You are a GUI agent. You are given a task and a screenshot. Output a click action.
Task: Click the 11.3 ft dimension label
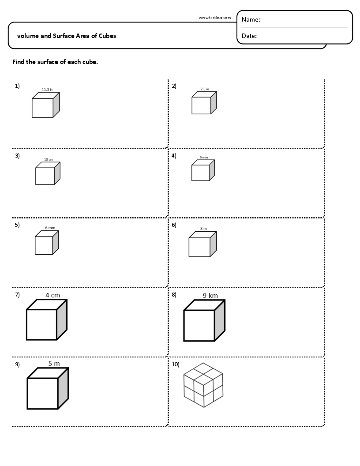pos(47,90)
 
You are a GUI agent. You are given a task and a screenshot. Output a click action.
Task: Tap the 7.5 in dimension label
pos(205,89)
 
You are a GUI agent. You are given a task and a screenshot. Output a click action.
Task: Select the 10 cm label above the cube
pos(49,159)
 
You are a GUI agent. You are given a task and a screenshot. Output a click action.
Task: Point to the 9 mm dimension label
pos(203,158)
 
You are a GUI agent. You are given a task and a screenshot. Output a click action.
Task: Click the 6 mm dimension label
pos(50,228)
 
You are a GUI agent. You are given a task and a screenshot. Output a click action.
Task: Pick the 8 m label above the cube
pos(203,229)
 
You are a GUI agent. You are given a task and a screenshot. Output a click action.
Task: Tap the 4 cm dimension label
pos(53,295)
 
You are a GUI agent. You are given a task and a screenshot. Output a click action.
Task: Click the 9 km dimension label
pos(210,296)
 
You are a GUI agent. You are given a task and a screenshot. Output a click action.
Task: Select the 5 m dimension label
pos(54,364)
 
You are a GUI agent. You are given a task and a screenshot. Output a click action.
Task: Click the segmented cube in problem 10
pos(203,385)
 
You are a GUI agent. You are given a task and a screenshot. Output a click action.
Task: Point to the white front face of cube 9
pos(43,393)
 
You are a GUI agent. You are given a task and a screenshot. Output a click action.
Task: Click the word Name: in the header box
pos(251,20)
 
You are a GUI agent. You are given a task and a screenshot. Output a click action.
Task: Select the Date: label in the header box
pos(249,36)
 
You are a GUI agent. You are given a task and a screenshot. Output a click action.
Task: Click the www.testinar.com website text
pos(214,18)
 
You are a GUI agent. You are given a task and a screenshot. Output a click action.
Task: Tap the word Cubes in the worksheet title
pos(108,36)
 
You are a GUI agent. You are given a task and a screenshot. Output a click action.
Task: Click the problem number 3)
pos(17,155)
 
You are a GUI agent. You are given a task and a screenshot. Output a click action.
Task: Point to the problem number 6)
pos(174,225)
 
